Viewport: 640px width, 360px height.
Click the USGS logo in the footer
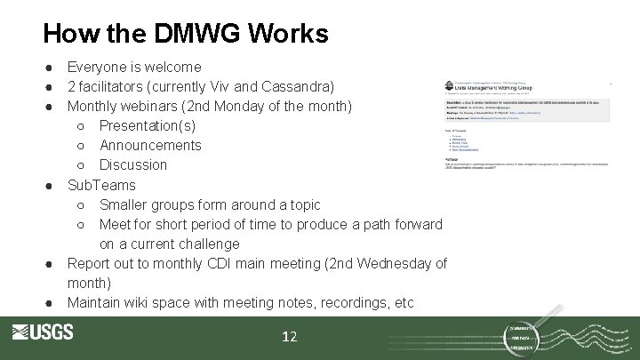(43, 332)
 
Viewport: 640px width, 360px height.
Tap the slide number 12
(290, 337)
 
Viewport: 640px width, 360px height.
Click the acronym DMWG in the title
(184, 34)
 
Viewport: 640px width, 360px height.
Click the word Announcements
(150, 145)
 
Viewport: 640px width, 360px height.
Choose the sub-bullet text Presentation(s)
(147, 125)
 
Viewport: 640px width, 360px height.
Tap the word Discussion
(133, 164)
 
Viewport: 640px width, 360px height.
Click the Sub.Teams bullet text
(101, 185)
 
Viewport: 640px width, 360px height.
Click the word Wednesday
(387, 263)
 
